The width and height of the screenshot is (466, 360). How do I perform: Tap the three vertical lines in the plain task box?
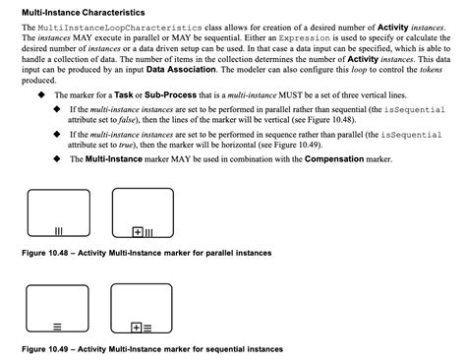pos(58,232)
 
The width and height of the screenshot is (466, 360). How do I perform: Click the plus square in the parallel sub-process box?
pos(137,232)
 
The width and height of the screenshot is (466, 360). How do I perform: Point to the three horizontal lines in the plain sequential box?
pos(57,326)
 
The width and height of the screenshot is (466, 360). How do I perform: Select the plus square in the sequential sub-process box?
pos(135,327)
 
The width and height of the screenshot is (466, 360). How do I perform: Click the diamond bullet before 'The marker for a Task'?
pos(40,94)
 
